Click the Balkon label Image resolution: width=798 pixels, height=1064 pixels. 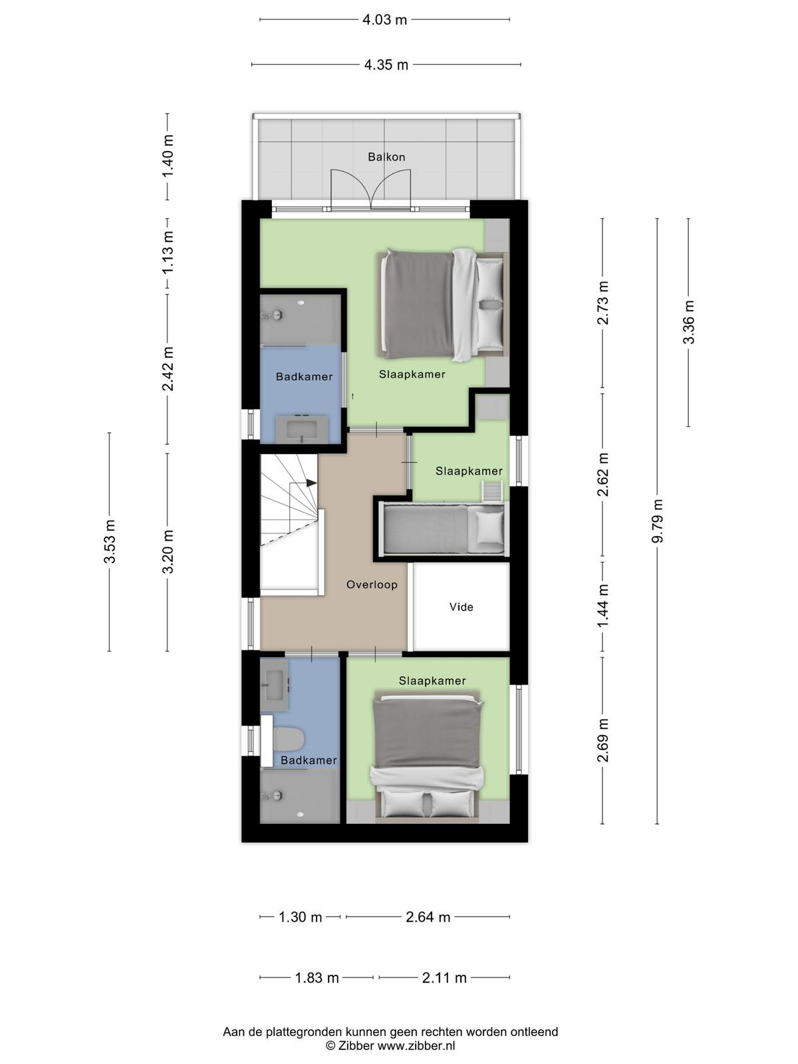pos(386,157)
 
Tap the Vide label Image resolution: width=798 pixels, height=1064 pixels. pos(461,607)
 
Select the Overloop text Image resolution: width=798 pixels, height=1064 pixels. pos(372,585)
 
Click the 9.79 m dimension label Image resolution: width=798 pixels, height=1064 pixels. pos(658,521)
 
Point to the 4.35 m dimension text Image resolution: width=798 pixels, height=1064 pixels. pos(386,65)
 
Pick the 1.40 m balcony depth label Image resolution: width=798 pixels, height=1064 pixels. pos(168,156)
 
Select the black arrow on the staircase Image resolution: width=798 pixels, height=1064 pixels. pos(311,483)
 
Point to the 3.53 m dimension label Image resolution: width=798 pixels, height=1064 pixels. pos(110,541)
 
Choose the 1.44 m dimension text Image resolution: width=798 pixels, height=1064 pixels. pos(602,606)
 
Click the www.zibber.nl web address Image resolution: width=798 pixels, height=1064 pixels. pos(416,1045)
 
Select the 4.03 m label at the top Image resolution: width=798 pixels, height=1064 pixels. pos(385,20)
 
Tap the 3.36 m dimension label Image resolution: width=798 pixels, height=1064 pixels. pos(688,323)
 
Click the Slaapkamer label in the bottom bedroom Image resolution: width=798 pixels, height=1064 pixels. pos(432,680)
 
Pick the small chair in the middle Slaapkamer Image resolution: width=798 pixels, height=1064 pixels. pos(492,491)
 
